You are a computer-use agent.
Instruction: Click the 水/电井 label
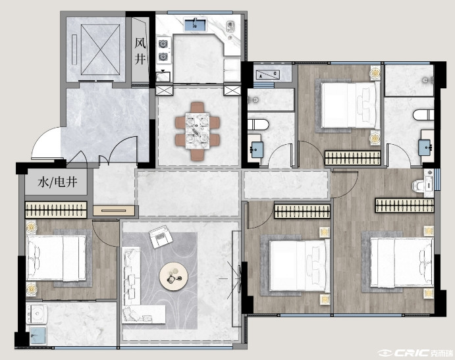coord(57,182)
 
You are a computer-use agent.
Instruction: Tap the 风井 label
coord(140,51)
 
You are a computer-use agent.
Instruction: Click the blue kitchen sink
coord(195,24)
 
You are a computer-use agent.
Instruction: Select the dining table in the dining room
coord(198,131)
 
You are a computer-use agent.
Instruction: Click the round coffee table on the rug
coord(174,276)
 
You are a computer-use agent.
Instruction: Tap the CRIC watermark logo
coord(415,353)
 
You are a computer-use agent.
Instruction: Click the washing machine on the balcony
coord(37,313)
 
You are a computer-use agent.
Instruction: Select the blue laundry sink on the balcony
coord(38,336)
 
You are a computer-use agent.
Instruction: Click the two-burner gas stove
coord(163,50)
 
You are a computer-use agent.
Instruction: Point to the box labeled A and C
coord(268,75)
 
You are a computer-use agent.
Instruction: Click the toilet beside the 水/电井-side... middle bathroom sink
coord(258,124)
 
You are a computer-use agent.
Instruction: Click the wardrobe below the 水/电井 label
coord(56,209)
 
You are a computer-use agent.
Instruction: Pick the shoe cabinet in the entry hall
coord(114,211)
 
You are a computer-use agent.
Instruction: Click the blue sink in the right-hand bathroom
coord(426,147)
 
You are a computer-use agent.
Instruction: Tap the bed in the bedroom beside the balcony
coord(56,258)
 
